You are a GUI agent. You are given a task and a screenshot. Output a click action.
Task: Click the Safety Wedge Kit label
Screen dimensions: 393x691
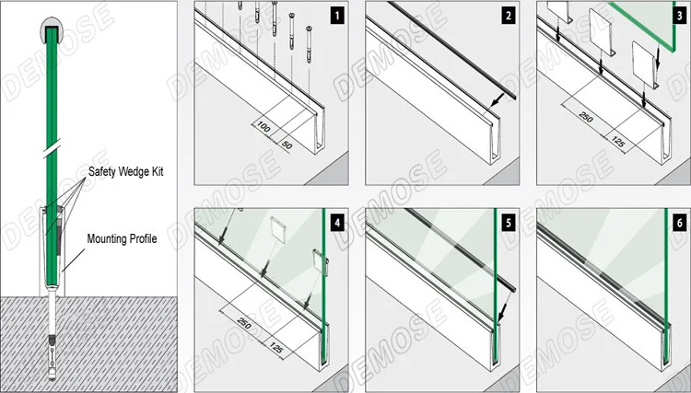127,172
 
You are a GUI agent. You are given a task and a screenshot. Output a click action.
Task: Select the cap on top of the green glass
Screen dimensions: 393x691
52,33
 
